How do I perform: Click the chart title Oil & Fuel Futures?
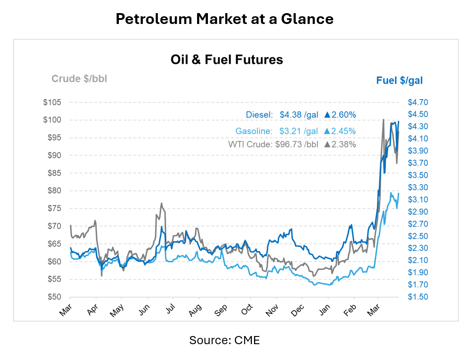226,59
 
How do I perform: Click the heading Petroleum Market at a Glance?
225,19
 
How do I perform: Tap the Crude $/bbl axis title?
79,79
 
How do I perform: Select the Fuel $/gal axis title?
399,81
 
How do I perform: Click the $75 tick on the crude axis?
54,208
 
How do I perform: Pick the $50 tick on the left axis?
54,297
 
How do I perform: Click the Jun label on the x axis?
144,310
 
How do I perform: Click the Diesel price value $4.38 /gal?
299,115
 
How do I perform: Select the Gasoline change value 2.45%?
344,132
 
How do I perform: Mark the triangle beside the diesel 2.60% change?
327,115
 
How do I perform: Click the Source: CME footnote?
225,340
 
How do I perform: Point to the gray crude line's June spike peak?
161,203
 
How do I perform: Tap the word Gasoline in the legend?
254,132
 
